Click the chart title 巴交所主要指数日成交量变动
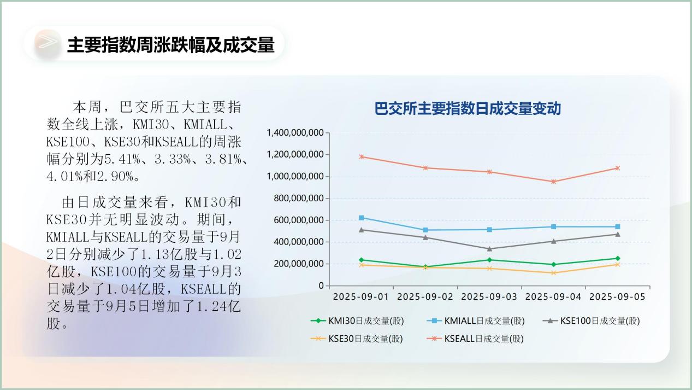coord(468,108)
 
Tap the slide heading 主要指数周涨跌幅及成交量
coord(171,45)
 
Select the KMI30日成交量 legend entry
coord(357,321)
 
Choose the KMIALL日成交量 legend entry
coord(476,321)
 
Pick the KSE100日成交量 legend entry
coord(592,321)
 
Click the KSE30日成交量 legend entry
coord(357,339)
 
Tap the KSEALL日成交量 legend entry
coord(475,339)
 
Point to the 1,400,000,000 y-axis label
coord(295,133)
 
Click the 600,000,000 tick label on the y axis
coord(299,220)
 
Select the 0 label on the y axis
coord(321,286)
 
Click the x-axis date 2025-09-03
coord(489,297)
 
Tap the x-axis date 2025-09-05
coord(617,297)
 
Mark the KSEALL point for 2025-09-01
coord(362,157)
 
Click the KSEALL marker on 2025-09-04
coord(554,182)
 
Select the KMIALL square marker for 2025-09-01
coord(362,218)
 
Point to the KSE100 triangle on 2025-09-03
coord(489,249)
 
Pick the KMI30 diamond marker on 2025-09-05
coord(618,258)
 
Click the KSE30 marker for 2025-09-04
coord(554,273)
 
